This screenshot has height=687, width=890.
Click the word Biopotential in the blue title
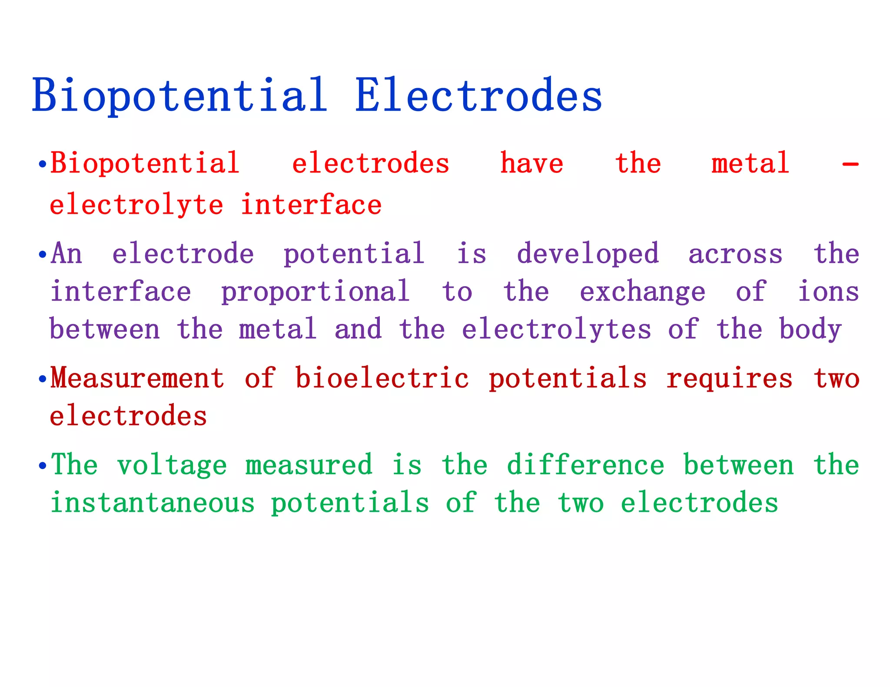[x=179, y=96]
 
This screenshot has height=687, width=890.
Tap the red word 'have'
[x=531, y=163]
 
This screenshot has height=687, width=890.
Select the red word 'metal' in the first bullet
[x=750, y=163]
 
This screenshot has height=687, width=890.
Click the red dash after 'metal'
[x=850, y=165]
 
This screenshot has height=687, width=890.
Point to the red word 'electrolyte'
[x=136, y=205]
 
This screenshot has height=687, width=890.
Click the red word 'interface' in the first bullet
[x=311, y=205]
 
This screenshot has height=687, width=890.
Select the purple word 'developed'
[x=588, y=254]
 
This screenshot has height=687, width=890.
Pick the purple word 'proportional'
[x=315, y=292]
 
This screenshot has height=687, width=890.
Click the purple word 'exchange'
[x=643, y=292]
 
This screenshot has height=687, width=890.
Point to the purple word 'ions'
[x=828, y=291]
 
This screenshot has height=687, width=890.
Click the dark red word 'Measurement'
[x=137, y=378]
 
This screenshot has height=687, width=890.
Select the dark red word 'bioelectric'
[x=382, y=378]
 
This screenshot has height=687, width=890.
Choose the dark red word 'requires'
[x=730, y=379]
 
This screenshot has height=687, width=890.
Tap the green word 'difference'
[x=585, y=465]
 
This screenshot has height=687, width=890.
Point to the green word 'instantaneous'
[x=153, y=503]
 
